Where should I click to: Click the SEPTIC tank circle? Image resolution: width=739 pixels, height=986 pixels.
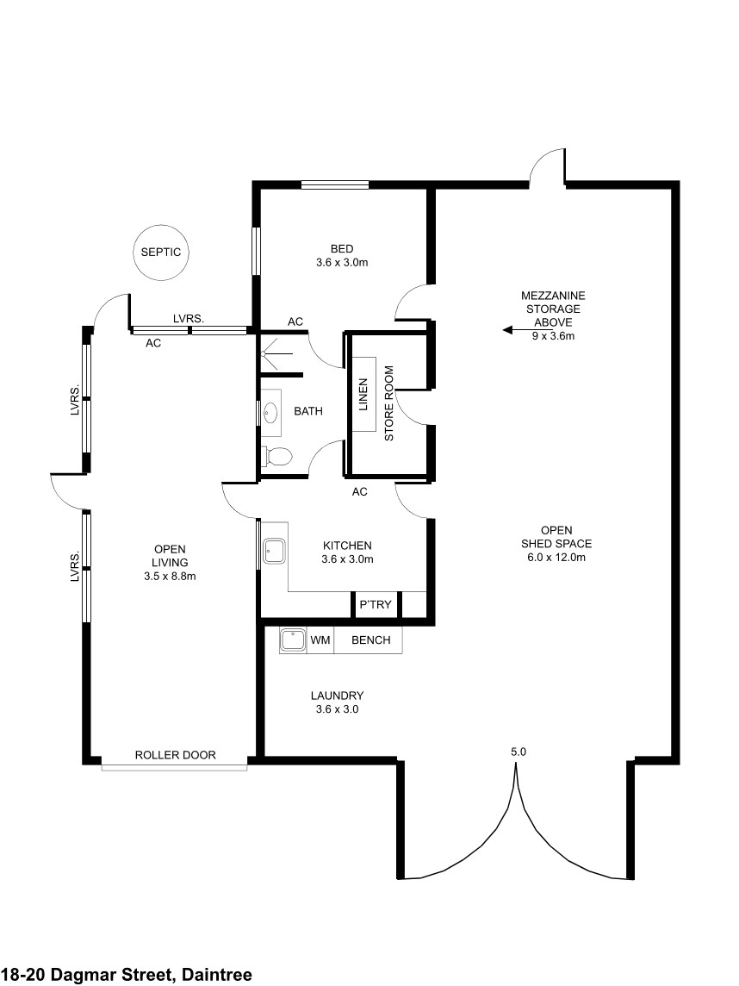(x=161, y=225)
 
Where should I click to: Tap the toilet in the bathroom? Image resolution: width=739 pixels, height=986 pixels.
(x=276, y=456)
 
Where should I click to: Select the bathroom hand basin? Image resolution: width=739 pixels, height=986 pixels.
(x=270, y=413)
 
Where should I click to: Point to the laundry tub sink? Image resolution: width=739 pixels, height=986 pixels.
(x=293, y=640)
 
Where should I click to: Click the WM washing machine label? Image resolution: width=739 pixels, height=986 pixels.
(x=320, y=640)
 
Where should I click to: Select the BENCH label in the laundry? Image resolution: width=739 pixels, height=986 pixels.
(x=370, y=640)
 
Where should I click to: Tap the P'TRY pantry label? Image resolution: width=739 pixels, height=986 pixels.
(x=376, y=605)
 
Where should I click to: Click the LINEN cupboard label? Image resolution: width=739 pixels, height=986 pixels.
(x=363, y=394)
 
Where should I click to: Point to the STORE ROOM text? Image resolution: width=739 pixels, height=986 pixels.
(x=389, y=403)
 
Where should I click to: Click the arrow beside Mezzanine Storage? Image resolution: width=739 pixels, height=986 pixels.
(x=517, y=329)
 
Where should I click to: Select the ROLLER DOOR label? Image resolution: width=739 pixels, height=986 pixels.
(x=176, y=755)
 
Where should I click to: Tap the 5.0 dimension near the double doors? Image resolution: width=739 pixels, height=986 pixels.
(x=519, y=752)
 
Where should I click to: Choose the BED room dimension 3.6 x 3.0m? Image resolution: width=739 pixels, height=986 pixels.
(x=342, y=262)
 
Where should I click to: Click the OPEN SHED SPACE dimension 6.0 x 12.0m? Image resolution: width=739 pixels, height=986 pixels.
(x=556, y=557)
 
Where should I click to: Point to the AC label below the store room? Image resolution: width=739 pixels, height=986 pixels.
(x=359, y=492)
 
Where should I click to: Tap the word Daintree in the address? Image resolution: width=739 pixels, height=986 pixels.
(x=217, y=975)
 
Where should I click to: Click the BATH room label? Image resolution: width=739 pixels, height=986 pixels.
(x=308, y=411)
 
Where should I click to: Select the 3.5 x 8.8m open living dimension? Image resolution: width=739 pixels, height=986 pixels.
(x=170, y=576)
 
